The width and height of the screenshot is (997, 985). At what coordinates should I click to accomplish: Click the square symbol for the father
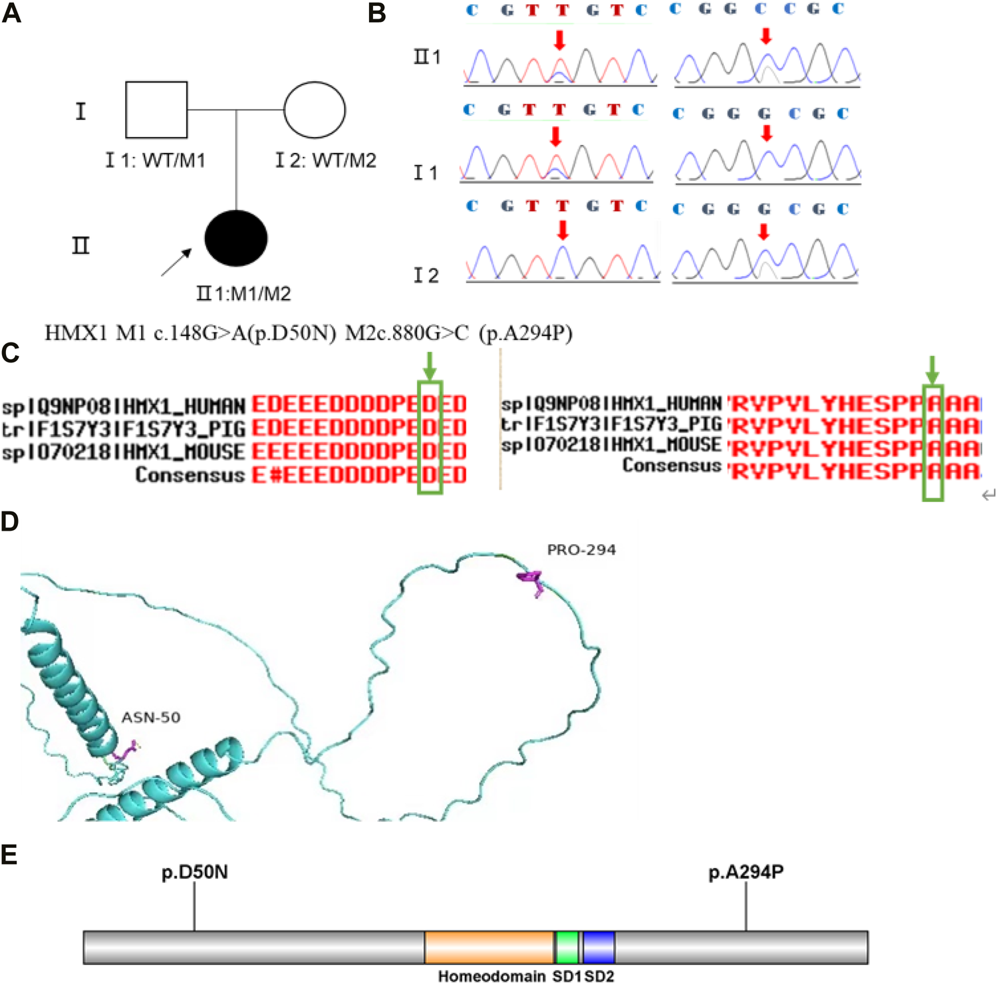[156, 110]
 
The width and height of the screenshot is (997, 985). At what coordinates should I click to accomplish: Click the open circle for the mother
[315, 110]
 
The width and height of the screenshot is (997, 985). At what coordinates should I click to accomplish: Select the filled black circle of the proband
[236, 238]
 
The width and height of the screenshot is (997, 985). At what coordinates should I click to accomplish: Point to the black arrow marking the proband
[177, 262]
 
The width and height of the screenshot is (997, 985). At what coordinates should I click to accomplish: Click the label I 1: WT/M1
[156, 160]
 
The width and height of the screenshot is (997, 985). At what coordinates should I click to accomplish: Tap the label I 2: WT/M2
[326, 160]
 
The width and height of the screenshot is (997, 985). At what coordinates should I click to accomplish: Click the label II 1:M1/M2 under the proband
[243, 293]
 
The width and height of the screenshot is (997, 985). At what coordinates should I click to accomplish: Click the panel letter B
[376, 13]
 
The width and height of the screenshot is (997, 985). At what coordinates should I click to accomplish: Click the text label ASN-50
[151, 718]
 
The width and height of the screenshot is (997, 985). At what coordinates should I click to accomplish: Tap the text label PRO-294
[581, 550]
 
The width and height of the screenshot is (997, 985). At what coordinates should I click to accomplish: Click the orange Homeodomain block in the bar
[489, 947]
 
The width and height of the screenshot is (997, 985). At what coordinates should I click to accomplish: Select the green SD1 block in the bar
[567, 947]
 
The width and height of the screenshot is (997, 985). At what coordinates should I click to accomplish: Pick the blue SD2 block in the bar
[599, 947]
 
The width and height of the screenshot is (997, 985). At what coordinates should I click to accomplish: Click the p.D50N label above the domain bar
[194, 872]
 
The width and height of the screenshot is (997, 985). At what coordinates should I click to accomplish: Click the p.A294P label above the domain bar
[746, 872]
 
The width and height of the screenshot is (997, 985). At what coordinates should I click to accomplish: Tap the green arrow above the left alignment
[430, 365]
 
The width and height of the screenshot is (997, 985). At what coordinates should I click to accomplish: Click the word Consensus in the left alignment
[190, 475]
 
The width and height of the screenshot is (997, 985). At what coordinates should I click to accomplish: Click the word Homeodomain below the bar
[492, 976]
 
